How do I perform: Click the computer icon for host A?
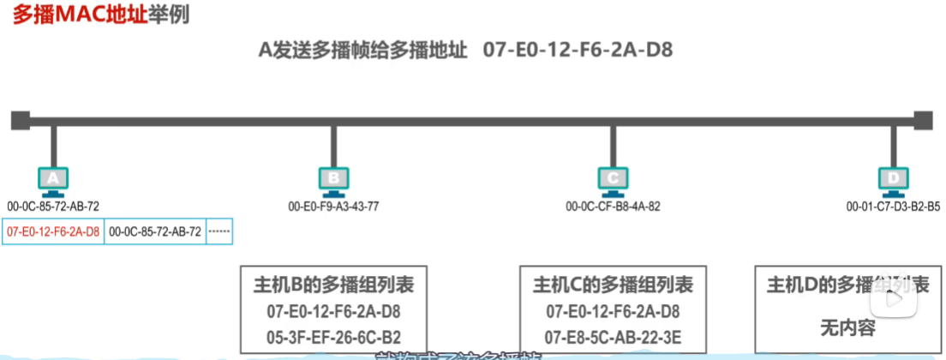tap(53, 179)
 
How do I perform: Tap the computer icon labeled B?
tap(333, 179)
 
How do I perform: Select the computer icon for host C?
tap(613, 179)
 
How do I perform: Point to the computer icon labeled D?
tap(893, 179)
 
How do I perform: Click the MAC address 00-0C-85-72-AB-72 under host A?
tap(53, 206)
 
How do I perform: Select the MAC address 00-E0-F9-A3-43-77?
tap(333, 206)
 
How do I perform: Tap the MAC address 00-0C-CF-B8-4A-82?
tap(613, 206)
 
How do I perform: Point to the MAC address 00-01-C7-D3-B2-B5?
tap(893, 206)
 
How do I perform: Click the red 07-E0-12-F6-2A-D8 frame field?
tap(53, 231)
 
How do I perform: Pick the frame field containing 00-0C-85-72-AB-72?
tap(155, 231)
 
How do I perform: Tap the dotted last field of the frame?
tap(219, 231)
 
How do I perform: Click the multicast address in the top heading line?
tap(578, 50)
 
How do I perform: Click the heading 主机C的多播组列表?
tap(613, 285)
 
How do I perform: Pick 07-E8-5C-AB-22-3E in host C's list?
tap(613, 337)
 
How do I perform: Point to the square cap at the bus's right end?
tap(923, 118)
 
